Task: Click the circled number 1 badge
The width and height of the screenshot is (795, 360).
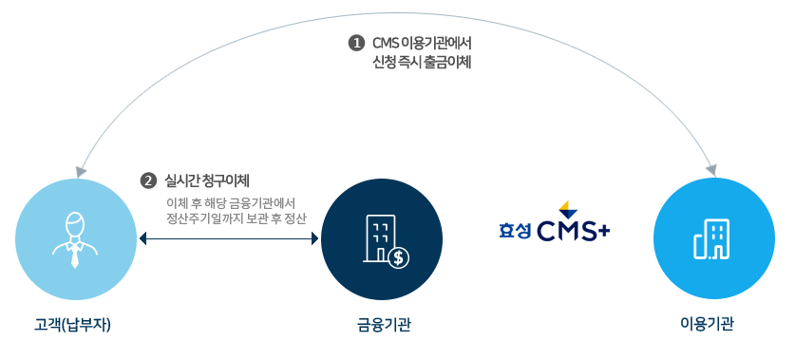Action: tap(356, 44)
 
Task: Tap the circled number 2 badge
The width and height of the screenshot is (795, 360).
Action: tap(148, 180)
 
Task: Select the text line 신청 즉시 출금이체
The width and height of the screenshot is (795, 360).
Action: tap(422, 62)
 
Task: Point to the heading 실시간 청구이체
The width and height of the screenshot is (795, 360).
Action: tap(207, 180)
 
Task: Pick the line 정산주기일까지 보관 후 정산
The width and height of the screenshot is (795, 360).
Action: tap(236, 219)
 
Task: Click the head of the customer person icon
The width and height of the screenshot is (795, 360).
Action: tap(75, 224)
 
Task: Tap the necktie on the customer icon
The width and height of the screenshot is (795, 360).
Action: tap(75, 256)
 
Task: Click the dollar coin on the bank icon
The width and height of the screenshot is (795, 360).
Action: tap(398, 256)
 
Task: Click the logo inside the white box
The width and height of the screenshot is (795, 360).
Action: tap(556, 221)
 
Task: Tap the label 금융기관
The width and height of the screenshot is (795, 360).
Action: tap(384, 325)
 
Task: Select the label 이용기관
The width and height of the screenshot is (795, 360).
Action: tap(707, 324)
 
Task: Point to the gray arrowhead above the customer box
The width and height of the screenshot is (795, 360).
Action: tap(82, 171)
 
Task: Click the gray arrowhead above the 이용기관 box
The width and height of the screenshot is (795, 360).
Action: tap(710, 169)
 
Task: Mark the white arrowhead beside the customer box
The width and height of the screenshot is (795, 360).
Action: tap(142, 238)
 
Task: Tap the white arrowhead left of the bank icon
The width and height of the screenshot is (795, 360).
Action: tap(315, 238)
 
